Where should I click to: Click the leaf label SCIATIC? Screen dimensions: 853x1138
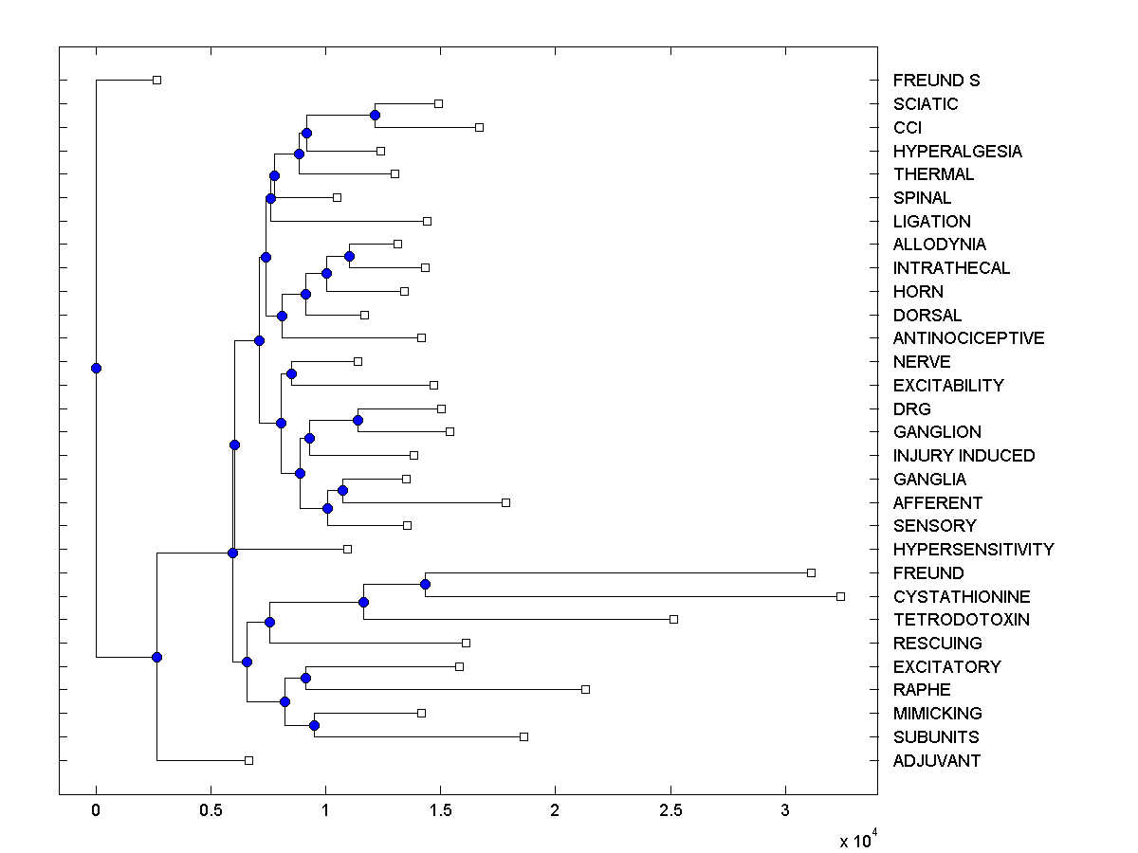(x=926, y=104)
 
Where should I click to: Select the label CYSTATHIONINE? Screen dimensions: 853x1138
(x=962, y=597)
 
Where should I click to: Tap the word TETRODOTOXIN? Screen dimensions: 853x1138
(x=961, y=620)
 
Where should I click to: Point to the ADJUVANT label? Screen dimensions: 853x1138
(x=937, y=761)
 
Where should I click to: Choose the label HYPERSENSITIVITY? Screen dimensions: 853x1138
(x=973, y=550)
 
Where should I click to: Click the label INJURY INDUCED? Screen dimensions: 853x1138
(x=964, y=456)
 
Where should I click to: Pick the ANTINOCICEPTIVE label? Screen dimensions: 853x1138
(x=968, y=338)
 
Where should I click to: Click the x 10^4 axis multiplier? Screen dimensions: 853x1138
(x=860, y=840)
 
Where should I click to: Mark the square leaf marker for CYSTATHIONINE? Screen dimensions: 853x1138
(x=840, y=596)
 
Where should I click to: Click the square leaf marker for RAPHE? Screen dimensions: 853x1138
(x=585, y=689)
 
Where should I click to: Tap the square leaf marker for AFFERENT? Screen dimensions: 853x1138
(x=505, y=502)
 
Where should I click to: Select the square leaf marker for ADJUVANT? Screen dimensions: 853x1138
(x=248, y=760)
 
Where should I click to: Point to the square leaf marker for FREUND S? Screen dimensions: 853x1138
(x=157, y=80)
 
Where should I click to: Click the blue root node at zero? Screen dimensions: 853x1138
(x=96, y=368)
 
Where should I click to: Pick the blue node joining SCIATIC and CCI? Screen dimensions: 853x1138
(x=375, y=115)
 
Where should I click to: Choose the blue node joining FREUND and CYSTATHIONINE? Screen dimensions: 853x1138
(x=425, y=584)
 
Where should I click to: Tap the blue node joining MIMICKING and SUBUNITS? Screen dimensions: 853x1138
(x=314, y=725)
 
